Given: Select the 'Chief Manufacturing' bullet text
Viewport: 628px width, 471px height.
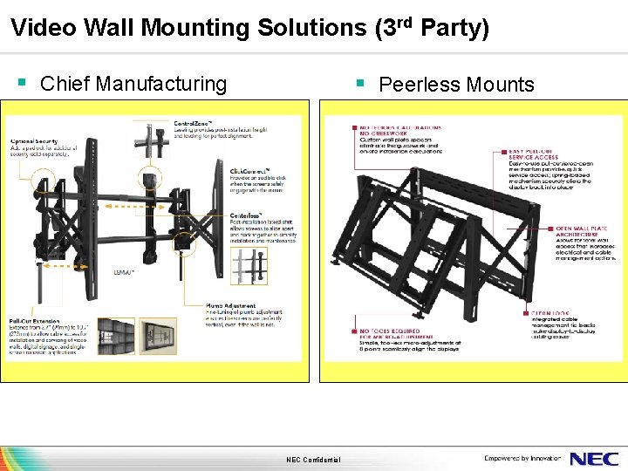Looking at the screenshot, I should [x=133, y=84].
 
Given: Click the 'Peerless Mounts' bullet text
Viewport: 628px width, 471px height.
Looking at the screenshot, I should [x=456, y=85].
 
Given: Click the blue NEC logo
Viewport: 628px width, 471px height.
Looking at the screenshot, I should [x=594, y=459].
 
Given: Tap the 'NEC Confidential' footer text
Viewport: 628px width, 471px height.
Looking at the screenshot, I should [x=313, y=461].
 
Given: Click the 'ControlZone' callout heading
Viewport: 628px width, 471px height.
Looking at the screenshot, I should [x=196, y=122].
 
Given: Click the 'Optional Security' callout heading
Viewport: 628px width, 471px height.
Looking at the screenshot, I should [x=34, y=141].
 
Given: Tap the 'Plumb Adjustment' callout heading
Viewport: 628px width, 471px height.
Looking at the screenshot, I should [x=256, y=306].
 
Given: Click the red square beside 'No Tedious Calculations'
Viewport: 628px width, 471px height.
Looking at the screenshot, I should [x=355, y=127].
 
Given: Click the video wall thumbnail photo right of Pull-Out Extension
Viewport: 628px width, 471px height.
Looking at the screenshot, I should [x=117, y=336].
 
